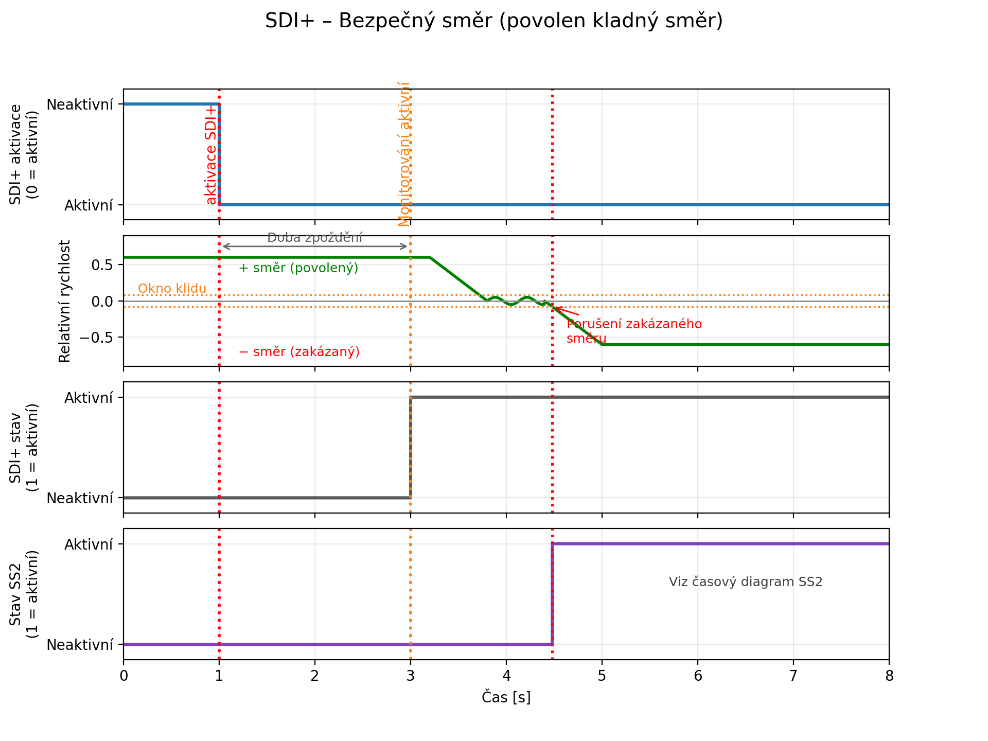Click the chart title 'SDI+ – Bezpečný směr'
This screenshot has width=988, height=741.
click(x=493, y=21)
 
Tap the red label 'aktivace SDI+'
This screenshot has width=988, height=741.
click(x=211, y=155)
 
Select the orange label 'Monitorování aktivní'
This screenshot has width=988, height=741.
click(x=404, y=154)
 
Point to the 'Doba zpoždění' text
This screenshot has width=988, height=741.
click(x=315, y=238)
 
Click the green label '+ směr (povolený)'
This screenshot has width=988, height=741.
click(x=298, y=268)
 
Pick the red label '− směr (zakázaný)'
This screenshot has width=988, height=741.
click(x=299, y=352)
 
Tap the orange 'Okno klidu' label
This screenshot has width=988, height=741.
click(x=172, y=288)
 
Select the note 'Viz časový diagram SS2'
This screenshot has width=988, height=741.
click(x=746, y=582)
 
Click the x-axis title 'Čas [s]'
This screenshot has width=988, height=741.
click(x=506, y=698)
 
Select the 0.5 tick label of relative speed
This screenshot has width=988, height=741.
click(x=102, y=265)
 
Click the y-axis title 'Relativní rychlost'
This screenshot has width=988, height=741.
click(x=65, y=301)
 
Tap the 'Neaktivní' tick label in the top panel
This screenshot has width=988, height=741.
click(x=80, y=104)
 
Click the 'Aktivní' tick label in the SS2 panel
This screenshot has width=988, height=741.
click(x=89, y=544)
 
